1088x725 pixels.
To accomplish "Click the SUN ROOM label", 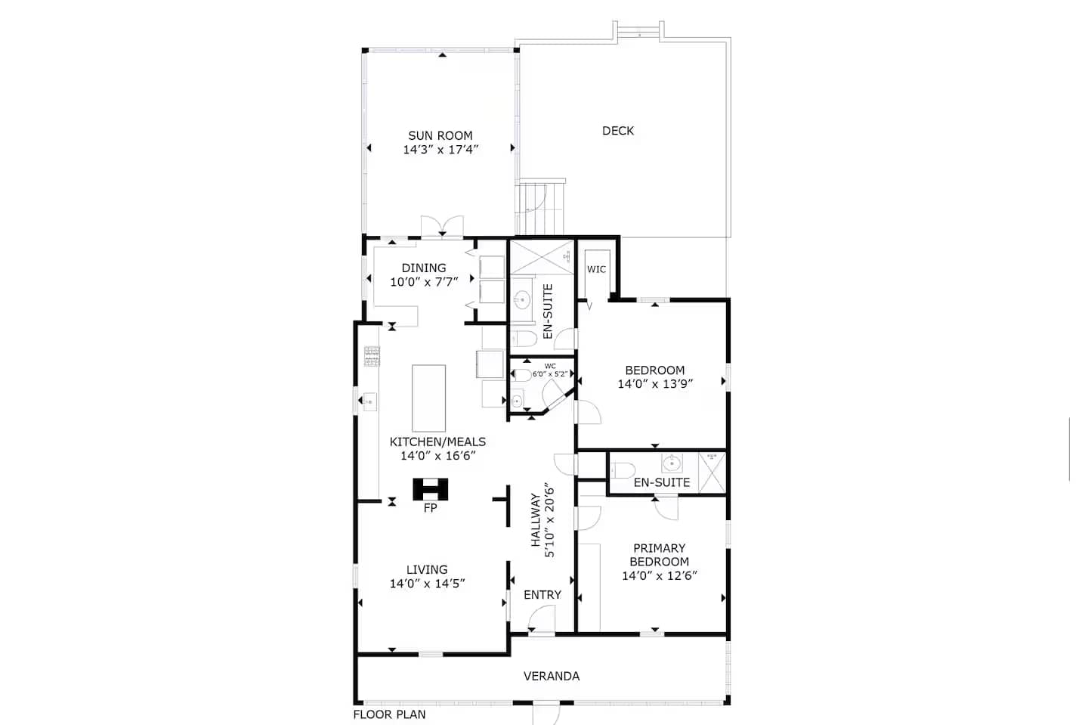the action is tap(440, 135).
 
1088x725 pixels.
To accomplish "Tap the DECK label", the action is tap(618, 131).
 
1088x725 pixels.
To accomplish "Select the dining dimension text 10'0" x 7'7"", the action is tap(424, 282).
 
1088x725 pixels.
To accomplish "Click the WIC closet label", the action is tap(596, 269).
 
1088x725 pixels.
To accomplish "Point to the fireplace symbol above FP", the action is tap(431, 489).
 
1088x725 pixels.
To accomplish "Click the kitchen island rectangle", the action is tap(429, 398).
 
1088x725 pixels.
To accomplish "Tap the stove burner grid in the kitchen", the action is tap(372, 356).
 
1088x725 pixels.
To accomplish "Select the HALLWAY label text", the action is tap(535, 519).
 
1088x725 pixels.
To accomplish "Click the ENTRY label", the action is tap(542, 595).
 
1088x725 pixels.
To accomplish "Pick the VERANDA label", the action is tap(552, 676).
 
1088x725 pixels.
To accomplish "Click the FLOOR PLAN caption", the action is tap(390, 714).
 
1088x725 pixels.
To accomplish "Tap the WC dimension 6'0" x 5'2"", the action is tap(550, 374).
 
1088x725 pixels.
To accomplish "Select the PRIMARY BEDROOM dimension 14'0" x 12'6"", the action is tap(660, 576).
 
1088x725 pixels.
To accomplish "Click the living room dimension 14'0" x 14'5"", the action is tap(428, 584).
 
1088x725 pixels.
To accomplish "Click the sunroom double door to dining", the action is tap(442, 227).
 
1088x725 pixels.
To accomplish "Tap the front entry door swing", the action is tap(541, 618).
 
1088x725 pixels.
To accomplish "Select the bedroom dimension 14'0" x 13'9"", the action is tap(655, 384).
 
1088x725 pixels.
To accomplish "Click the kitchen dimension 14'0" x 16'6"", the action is tap(437, 456).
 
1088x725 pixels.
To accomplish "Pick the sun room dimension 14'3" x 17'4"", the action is tap(440, 150).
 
